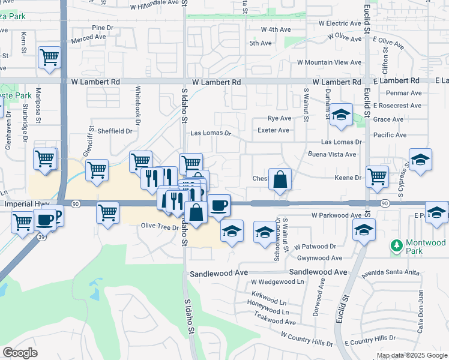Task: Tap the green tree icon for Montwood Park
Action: point(396,245)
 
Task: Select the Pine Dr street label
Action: point(103,28)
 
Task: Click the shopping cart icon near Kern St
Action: point(50,58)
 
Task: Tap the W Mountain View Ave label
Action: point(330,62)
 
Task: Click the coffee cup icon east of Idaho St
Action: point(219,205)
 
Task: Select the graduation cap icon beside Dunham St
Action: point(341,115)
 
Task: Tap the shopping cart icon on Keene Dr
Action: point(377,176)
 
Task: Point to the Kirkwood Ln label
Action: point(270,301)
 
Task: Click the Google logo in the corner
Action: point(20,353)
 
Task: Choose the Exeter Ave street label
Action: point(273,130)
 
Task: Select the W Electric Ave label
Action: point(339,23)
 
